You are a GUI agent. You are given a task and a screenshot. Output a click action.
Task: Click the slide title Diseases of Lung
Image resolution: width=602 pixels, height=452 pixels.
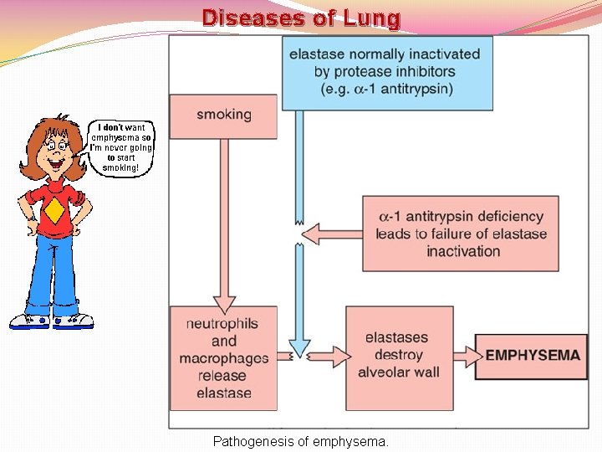click(x=301, y=18)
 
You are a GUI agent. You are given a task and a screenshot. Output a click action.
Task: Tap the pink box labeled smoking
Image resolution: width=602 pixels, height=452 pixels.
click(x=223, y=115)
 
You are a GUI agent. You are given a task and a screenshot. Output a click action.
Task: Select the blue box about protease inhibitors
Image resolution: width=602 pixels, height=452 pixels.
click(x=386, y=72)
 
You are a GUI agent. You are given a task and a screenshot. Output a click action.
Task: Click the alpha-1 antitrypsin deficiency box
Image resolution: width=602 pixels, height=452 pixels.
click(x=461, y=234)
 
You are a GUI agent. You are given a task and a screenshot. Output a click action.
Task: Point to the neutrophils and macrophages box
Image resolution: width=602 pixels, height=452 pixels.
click(x=223, y=357)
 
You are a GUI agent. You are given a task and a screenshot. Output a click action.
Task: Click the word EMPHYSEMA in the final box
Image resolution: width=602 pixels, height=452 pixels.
click(x=533, y=355)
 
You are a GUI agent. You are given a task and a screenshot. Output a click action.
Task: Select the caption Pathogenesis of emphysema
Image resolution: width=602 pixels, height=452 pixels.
click(x=301, y=440)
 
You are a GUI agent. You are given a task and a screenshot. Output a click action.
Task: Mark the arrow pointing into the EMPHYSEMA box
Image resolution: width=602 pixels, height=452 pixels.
click(x=465, y=356)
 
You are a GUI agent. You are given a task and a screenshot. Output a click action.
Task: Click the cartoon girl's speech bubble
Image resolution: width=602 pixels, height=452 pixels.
click(x=122, y=147)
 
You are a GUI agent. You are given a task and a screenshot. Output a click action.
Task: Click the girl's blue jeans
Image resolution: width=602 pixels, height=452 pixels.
click(x=50, y=276)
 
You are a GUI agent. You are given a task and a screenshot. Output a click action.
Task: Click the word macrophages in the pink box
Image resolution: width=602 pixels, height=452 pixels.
click(x=223, y=358)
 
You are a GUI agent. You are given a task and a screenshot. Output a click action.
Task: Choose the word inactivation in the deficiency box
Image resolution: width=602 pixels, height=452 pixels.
click(x=463, y=251)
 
